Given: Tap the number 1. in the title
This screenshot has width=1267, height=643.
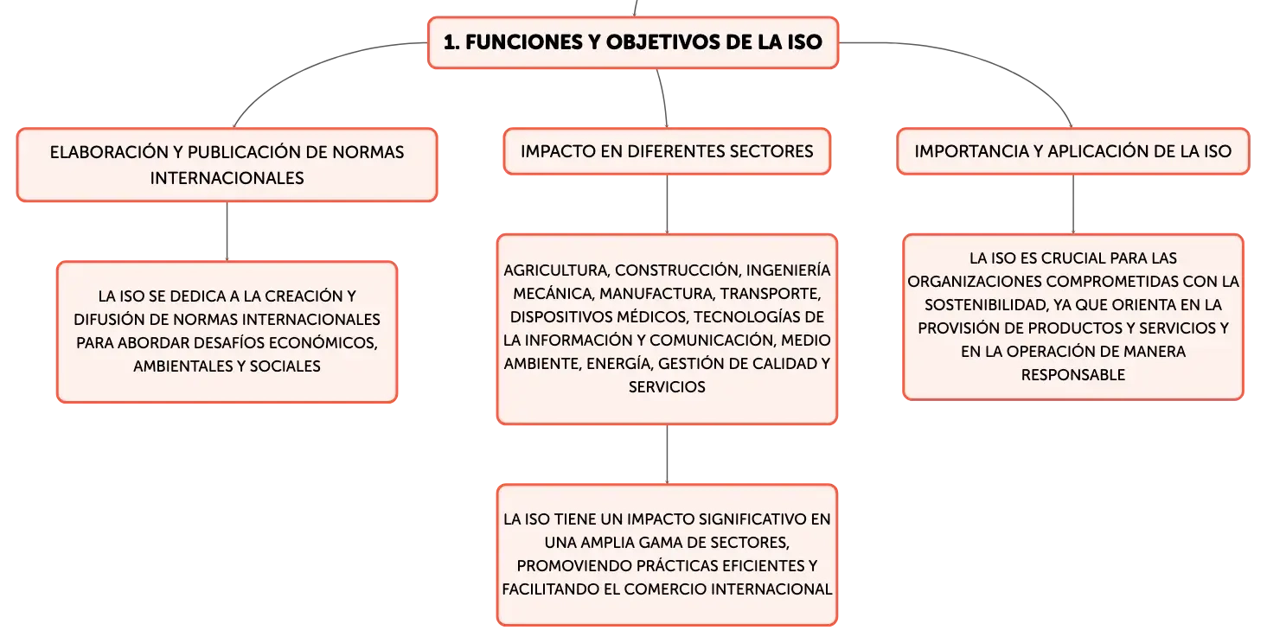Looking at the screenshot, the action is point(451,42).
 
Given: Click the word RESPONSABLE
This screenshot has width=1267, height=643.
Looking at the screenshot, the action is point(1073,375).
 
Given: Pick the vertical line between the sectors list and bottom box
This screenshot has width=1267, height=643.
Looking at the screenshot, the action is point(667,455).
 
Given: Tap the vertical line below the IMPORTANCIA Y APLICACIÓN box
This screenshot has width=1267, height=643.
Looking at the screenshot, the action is point(1073,204).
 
